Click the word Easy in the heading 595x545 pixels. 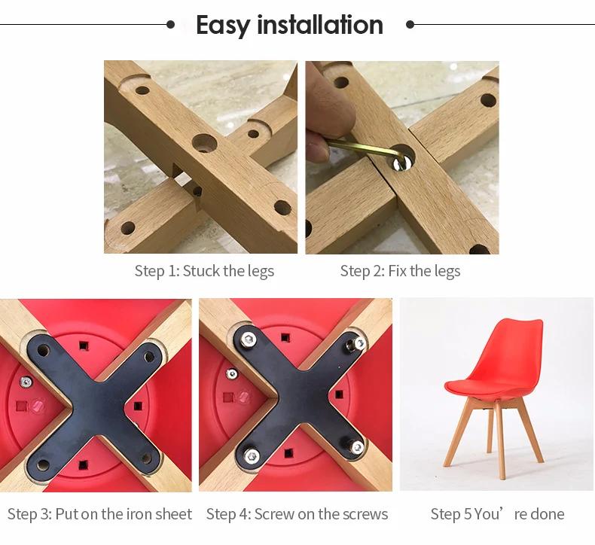click(x=223, y=26)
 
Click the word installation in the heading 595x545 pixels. click(x=320, y=25)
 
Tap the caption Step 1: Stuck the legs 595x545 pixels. click(x=204, y=272)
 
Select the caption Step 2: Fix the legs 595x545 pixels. click(x=400, y=272)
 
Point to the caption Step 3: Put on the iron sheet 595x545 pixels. click(x=99, y=514)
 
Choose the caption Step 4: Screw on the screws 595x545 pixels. click(x=297, y=514)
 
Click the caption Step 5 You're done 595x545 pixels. click(x=497, y=514)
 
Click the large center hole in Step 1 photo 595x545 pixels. click(x=204, y=143)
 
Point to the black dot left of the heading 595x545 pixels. click(x=171, y=25)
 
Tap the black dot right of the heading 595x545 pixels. click(x=410, y=25)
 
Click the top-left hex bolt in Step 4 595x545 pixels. click(x=249, y=338)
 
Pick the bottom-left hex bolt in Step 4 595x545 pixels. click(x=252, y=455)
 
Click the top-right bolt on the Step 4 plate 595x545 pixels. click(x=357, y=344)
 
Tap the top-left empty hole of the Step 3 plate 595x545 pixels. click(x=43, y=350)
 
